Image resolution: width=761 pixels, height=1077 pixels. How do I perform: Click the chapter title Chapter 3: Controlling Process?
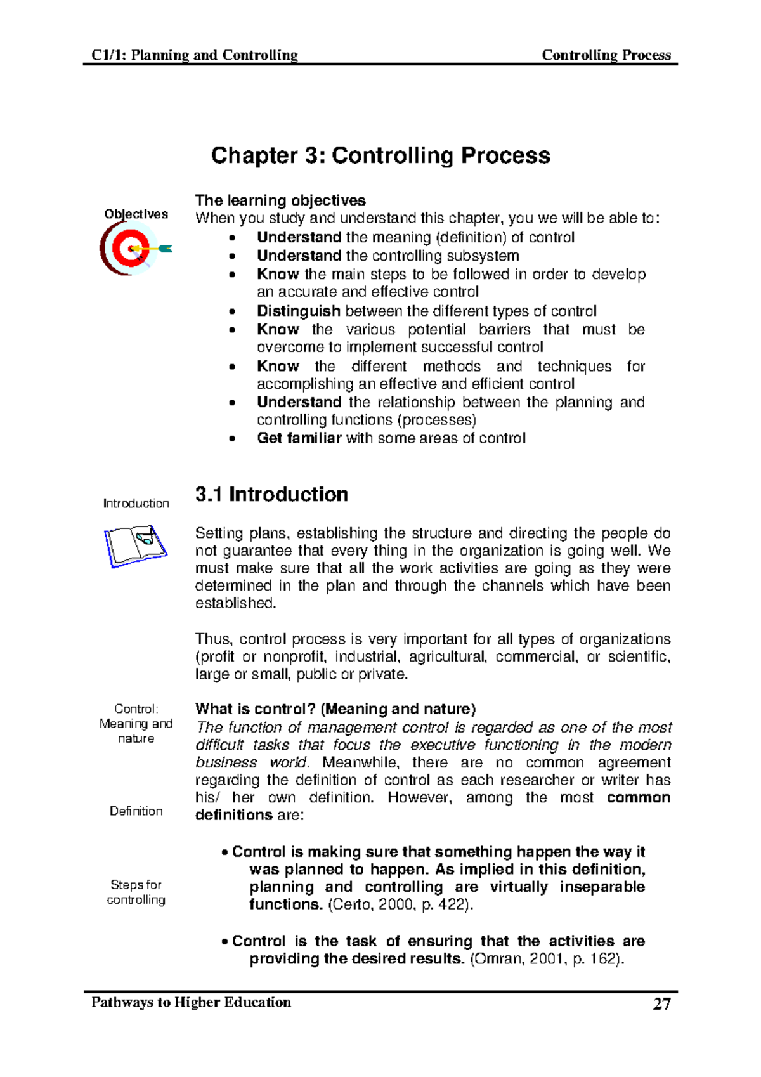(380, 156)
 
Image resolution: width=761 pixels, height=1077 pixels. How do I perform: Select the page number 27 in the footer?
(661, 1004)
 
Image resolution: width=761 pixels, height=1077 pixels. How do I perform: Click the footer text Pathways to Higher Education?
(191, 1003)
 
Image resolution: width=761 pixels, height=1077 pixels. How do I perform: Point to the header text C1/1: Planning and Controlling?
(194, 55)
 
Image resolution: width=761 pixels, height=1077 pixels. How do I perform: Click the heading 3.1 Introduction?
(271, 495)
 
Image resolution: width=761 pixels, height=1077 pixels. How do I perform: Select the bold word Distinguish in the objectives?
(298, 311)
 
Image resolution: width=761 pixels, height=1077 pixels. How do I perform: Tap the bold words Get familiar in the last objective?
(299, 438)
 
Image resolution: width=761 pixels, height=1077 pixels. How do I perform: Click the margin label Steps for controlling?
(136, 892)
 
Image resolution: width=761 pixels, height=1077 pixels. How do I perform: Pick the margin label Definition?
(136, 811)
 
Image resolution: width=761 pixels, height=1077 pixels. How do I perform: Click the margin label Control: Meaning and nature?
(136, 724)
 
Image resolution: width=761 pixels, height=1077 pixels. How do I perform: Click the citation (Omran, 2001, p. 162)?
(547, 959)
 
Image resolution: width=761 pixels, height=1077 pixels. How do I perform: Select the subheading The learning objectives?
(280, 200)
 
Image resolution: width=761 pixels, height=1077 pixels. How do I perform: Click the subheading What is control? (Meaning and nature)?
(335, 709)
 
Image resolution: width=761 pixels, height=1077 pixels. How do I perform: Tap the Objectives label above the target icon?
(136, 214)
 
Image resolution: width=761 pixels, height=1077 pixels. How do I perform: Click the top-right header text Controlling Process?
(606, 55)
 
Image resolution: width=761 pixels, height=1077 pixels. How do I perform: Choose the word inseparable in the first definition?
(602, 887)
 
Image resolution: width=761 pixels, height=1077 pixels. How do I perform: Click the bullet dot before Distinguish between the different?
(233, 312)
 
